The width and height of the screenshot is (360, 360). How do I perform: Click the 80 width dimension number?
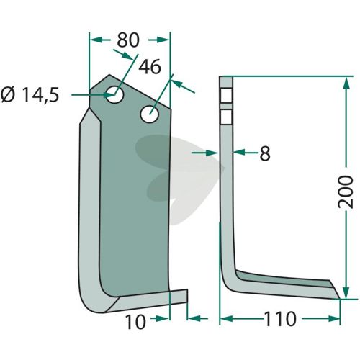click(x=128, y=40)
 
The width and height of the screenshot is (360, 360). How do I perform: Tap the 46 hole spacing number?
click(x=150, y=67)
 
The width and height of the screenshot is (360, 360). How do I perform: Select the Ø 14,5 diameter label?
click(x=30, y=95)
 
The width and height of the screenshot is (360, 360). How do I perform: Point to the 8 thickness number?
click(x=265, y=153)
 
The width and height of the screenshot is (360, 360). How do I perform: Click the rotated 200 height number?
click(x=346, y=192)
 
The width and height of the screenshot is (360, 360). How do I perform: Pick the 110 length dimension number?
click(x=280, y=319)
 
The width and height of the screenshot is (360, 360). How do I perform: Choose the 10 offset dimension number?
click(x=135, y=322)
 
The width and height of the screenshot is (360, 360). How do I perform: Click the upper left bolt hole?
click(x=114, y=94)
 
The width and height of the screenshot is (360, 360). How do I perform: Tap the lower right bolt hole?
click(x=150, y=114)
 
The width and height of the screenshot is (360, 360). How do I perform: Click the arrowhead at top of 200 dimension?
click(x=346, y=83)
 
